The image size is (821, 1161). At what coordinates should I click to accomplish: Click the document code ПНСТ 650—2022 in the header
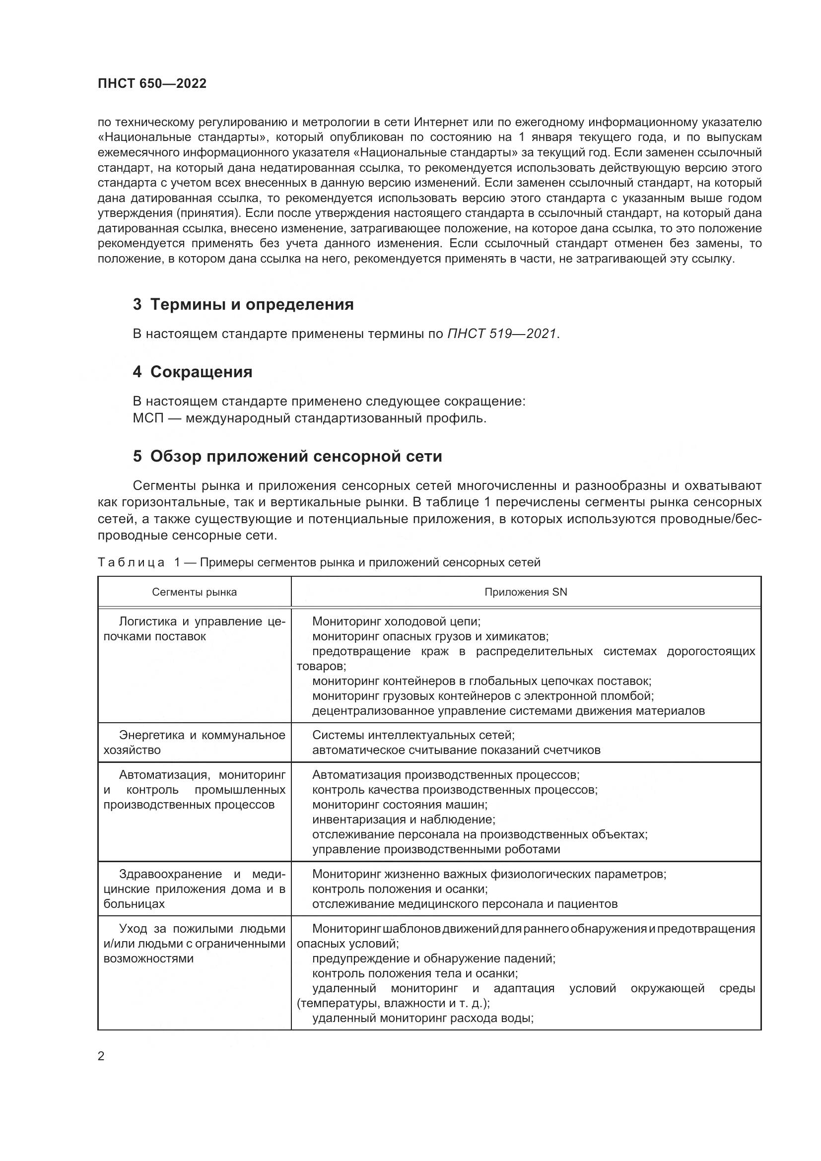click(152, 84)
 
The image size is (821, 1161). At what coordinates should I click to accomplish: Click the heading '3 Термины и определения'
click(243, 305)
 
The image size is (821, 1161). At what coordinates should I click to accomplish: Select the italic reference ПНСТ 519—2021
click(502, 334)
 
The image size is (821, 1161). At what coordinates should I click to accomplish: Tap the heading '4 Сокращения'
click(193, 372)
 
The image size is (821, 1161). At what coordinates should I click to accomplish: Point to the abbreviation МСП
click(148, 419)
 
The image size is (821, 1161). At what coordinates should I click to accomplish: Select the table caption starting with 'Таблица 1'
click(319, 562)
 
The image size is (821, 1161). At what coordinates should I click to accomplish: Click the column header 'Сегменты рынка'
click(194, 592)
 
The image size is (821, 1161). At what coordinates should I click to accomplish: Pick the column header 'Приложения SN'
click(526, 592)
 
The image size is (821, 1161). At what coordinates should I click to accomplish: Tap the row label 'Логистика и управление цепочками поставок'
click(195, 629)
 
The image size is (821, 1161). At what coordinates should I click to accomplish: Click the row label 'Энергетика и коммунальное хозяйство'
click(195, 742)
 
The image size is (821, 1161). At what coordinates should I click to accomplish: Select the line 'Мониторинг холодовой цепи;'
click(396, 621)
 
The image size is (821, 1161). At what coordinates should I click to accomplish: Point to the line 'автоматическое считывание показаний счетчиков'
click(456, 750)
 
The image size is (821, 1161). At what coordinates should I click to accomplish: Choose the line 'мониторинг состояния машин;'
click(400, 805)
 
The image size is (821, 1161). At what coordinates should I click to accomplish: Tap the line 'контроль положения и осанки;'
click(400, 889)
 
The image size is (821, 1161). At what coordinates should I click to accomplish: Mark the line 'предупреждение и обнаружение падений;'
click(434, 958)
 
